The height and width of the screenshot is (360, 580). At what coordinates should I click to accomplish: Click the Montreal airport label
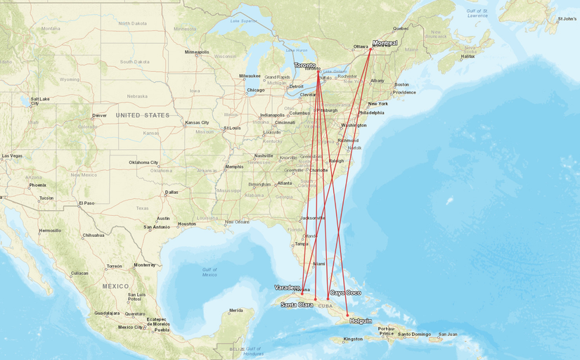point(385,43)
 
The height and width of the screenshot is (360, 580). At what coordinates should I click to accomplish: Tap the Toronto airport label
point(305,65)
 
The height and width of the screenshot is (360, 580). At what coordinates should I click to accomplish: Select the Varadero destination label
point(287,288)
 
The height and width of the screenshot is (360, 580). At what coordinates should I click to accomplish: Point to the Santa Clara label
point(296,305)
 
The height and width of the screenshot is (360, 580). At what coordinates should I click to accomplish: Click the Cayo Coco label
point(345,292)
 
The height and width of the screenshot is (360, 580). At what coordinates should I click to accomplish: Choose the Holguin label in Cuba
point(360,321)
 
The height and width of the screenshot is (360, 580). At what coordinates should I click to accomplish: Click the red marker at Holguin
point(347,315)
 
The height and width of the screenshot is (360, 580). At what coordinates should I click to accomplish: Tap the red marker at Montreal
point(371,49)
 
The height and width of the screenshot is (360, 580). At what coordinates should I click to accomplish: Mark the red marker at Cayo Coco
point(328,300)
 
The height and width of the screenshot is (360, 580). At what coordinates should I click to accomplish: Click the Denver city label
point(99,115)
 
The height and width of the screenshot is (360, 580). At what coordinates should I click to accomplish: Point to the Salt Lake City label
point(39,101)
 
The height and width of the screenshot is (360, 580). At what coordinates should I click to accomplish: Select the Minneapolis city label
point(197,52)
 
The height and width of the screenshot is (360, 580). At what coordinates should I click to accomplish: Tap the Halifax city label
point(468,56)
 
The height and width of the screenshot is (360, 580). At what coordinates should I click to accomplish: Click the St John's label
point(567,19)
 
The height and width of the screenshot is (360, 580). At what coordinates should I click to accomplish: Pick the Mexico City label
point(130,327)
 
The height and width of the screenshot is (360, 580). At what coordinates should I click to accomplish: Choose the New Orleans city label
point(238,222)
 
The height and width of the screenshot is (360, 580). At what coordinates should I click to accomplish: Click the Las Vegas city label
point(12,155)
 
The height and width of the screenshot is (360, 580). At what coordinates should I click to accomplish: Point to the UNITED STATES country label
point(143,115)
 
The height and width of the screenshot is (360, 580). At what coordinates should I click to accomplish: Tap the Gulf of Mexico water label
point(209,272)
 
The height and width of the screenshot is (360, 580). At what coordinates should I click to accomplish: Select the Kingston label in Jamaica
point(353,339)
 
